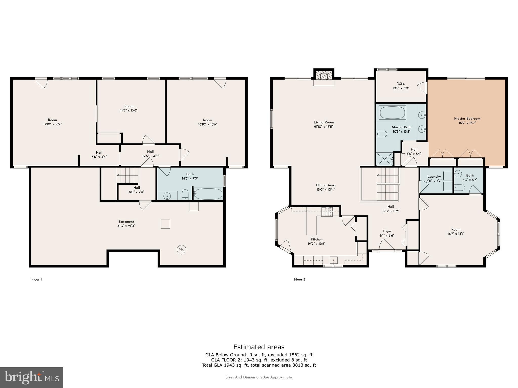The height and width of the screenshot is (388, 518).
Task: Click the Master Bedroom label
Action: tap(467, 118)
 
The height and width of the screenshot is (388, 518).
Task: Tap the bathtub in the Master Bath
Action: tap(392, 113)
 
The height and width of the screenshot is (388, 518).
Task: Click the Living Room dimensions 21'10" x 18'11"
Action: tap(324, 127)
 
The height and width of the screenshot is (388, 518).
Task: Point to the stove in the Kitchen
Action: tap(328, 212)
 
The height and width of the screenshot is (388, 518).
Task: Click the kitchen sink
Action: tap(334, 260)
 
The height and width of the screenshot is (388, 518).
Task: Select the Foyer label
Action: tap(387, 231)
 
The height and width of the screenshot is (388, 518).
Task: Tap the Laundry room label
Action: tap(434, 177)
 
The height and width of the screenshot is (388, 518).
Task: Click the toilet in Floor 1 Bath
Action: tap(185, 195)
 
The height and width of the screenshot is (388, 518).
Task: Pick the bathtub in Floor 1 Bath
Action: tap(208, 194)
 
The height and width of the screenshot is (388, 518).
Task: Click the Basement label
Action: tap(126, 222)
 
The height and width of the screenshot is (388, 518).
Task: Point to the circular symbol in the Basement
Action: tap(181, 250)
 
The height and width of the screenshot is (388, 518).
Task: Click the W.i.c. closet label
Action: tap(401, 84)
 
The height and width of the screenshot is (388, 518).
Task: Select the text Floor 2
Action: tap(300, 279)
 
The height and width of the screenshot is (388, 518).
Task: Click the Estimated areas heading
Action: tap(259, 347)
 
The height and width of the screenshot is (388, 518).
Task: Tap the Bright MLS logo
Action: tap(32, 377)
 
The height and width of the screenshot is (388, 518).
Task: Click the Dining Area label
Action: tap(326, 185)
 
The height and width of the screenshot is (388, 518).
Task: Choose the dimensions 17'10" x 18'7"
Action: tap(52, 124)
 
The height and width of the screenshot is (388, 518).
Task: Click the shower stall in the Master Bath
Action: tap(384, 159)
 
